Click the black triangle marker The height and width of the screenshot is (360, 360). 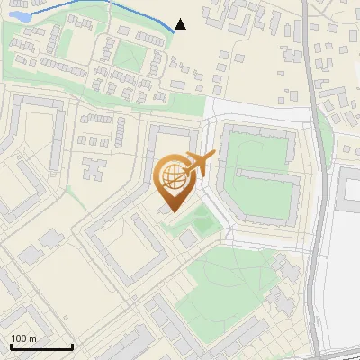[x=180, y=24]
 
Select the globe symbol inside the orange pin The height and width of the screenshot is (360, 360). [x=173, y=177]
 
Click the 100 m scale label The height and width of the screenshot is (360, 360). [x=22, y=338]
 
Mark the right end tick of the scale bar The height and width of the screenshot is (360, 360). [x=72, y=346]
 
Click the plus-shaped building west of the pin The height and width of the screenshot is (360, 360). [x=93, y=168]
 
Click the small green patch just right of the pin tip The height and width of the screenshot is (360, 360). [x=203, y=220]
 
